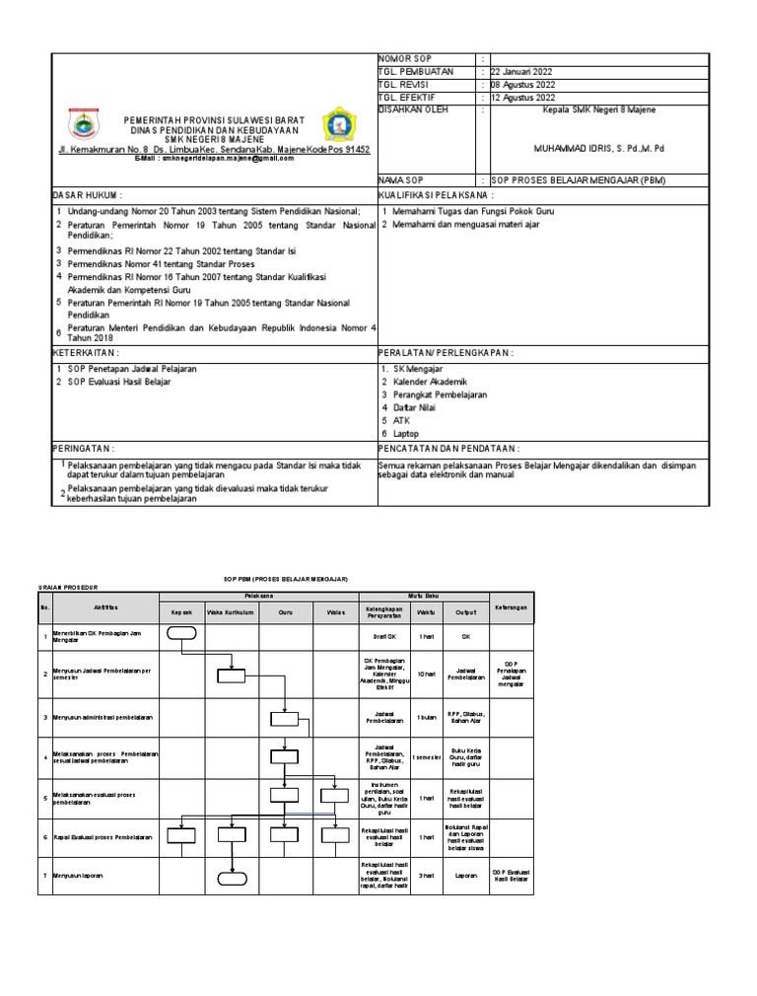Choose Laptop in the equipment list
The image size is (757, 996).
[x=407, y=433]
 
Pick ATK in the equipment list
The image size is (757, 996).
[x=401, y=420]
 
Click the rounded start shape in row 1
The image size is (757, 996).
[x=182, y=634]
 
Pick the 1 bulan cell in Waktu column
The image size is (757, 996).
[x=426, y=717]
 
